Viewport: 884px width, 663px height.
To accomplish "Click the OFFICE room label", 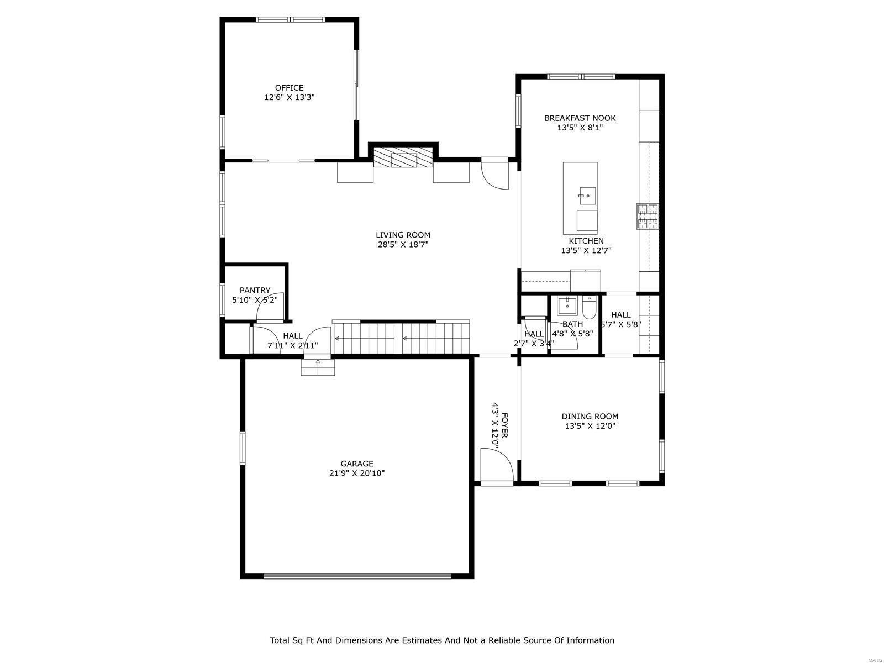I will pos(289,88).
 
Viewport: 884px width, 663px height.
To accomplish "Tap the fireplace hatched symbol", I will pos(403,157).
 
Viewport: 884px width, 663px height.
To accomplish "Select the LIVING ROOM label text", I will pos(403,235).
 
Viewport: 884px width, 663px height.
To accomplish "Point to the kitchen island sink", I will pos(587,194).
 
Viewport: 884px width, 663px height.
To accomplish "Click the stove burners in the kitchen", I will pos(648,216).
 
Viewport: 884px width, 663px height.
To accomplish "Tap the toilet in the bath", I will pos(589,307).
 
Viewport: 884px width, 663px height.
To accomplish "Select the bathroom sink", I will pos(567,304).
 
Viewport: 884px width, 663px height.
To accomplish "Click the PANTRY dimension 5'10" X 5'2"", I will pos(255,299).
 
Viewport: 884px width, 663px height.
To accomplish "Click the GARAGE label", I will pos(356,464).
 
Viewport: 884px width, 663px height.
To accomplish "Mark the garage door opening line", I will pos(357,576).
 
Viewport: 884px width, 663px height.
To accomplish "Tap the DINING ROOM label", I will pos(590,416).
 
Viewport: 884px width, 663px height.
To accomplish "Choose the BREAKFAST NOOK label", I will pos(580,118).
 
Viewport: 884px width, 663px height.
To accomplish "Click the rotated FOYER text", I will pos(504,425).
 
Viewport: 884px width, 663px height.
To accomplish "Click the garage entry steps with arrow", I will pos(318,367).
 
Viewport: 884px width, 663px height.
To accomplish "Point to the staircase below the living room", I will pos(402,338).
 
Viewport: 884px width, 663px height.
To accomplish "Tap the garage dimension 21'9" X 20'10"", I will pos(356,473).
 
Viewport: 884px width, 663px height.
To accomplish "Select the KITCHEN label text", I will pos(586,241).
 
